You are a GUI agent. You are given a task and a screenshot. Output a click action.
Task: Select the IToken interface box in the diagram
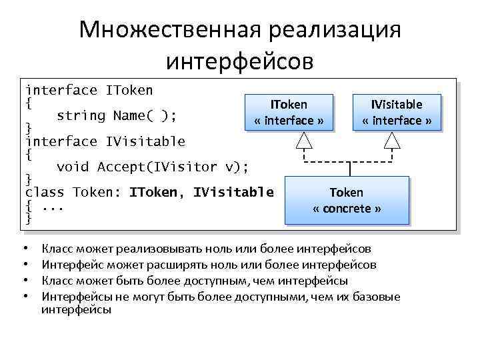(289, 112)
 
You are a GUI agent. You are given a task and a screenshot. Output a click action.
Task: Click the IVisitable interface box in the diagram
(397, 112)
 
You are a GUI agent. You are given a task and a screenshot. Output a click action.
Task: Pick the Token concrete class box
(347, 199)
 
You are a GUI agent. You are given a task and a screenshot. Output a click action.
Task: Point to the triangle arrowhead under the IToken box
(304, 139)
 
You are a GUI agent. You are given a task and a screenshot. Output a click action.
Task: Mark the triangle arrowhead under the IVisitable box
(392, 139)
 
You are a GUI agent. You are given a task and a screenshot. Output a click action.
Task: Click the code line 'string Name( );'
(117, 116)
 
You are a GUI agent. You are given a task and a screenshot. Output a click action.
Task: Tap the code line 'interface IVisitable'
(105, 141)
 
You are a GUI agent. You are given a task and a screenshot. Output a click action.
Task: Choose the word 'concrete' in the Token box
(347, 209)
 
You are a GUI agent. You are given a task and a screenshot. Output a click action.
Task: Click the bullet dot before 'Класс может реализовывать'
(26, 249)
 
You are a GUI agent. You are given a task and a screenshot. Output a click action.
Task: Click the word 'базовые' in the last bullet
(377, 296)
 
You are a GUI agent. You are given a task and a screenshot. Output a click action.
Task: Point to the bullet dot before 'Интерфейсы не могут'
(26, 296)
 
